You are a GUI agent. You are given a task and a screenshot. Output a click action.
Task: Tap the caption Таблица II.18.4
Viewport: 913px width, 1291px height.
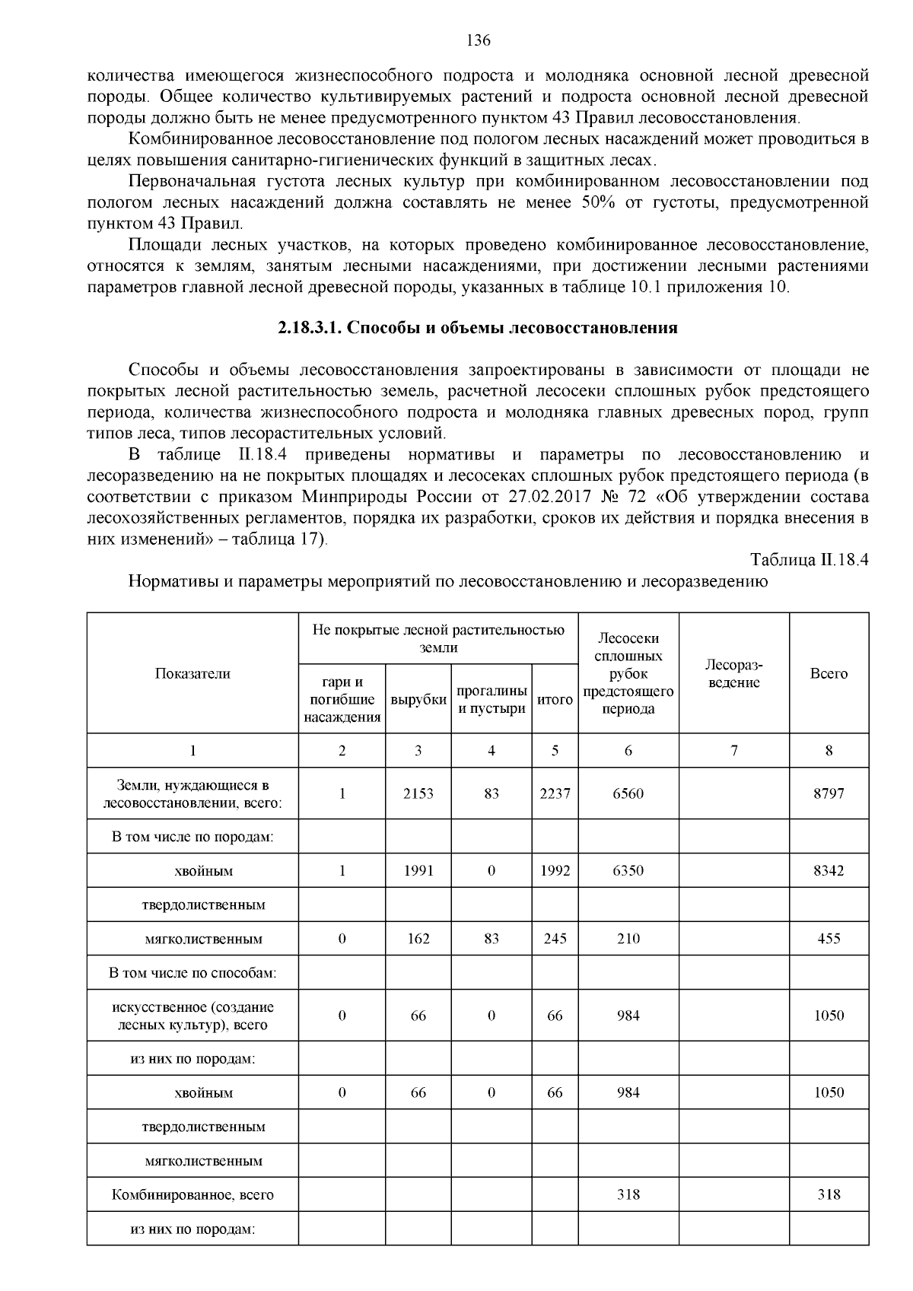pyautogui.click(x=810, y=560)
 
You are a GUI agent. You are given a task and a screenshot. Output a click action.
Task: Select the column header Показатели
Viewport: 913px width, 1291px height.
pyautogui.click(x=192, y=673)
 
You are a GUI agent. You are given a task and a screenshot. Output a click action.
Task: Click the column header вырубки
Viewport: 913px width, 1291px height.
pyautogui.click(x=418, y=700)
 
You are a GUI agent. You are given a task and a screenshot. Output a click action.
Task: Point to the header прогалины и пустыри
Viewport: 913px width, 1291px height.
pyautogui.click(x=491, y=700)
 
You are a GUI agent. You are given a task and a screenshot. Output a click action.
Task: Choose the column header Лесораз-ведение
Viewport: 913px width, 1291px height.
pyautogui.click(x=733, y=673)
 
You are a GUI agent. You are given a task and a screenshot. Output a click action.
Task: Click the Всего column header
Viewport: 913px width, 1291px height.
pyautogui.click(x=829, y=673)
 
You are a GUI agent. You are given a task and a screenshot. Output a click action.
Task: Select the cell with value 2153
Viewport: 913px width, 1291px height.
pyautogui.click(x=418, y=793)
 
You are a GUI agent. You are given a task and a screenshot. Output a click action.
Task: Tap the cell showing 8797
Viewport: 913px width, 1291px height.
pyautogui.click(x=829, y=793)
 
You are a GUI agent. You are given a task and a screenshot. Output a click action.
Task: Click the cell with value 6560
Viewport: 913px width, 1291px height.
pyautogui.click(x=628, y=793)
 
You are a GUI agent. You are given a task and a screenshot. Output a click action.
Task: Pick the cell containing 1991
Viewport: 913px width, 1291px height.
pyautogui.click(x=418, y=870)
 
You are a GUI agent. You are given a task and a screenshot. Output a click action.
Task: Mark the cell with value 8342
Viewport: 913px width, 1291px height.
pyautogui.click(x=829, y=870)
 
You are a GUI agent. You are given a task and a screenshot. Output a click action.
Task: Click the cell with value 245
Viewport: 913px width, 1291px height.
pyautogui.click(x=555, y=939)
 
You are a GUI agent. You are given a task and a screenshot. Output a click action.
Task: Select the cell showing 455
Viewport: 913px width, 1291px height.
pyautogui.click(x=829, y=939)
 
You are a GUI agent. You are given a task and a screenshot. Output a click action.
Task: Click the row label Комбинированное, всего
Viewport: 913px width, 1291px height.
pyautogui.click(x=192, y=1194)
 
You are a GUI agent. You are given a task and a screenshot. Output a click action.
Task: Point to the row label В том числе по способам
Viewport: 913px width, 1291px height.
pyautogui.click(x=192, y=973)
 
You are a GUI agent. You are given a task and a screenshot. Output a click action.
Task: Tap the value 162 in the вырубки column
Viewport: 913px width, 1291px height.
pyautogui.click(x=418, y=939)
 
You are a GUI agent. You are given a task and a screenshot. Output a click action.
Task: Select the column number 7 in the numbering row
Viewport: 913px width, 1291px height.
pyautogui.click(x=733, y=751)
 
